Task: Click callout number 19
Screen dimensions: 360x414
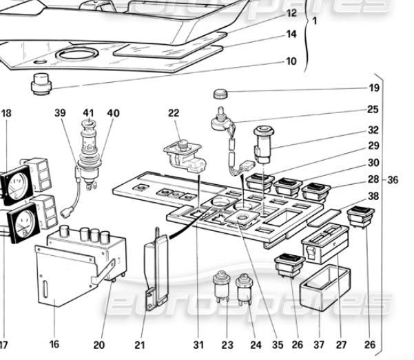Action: (373, 88)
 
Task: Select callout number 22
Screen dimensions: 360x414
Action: (173, 113)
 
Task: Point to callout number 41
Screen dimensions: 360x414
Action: (89, 113)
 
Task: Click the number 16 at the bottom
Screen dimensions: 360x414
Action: (54, 344)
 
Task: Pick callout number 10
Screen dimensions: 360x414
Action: (291, 61)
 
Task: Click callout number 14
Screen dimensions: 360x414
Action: (291, 34)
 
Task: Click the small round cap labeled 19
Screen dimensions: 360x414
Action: (222, 93)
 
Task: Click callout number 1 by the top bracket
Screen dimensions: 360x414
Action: (314, 21)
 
